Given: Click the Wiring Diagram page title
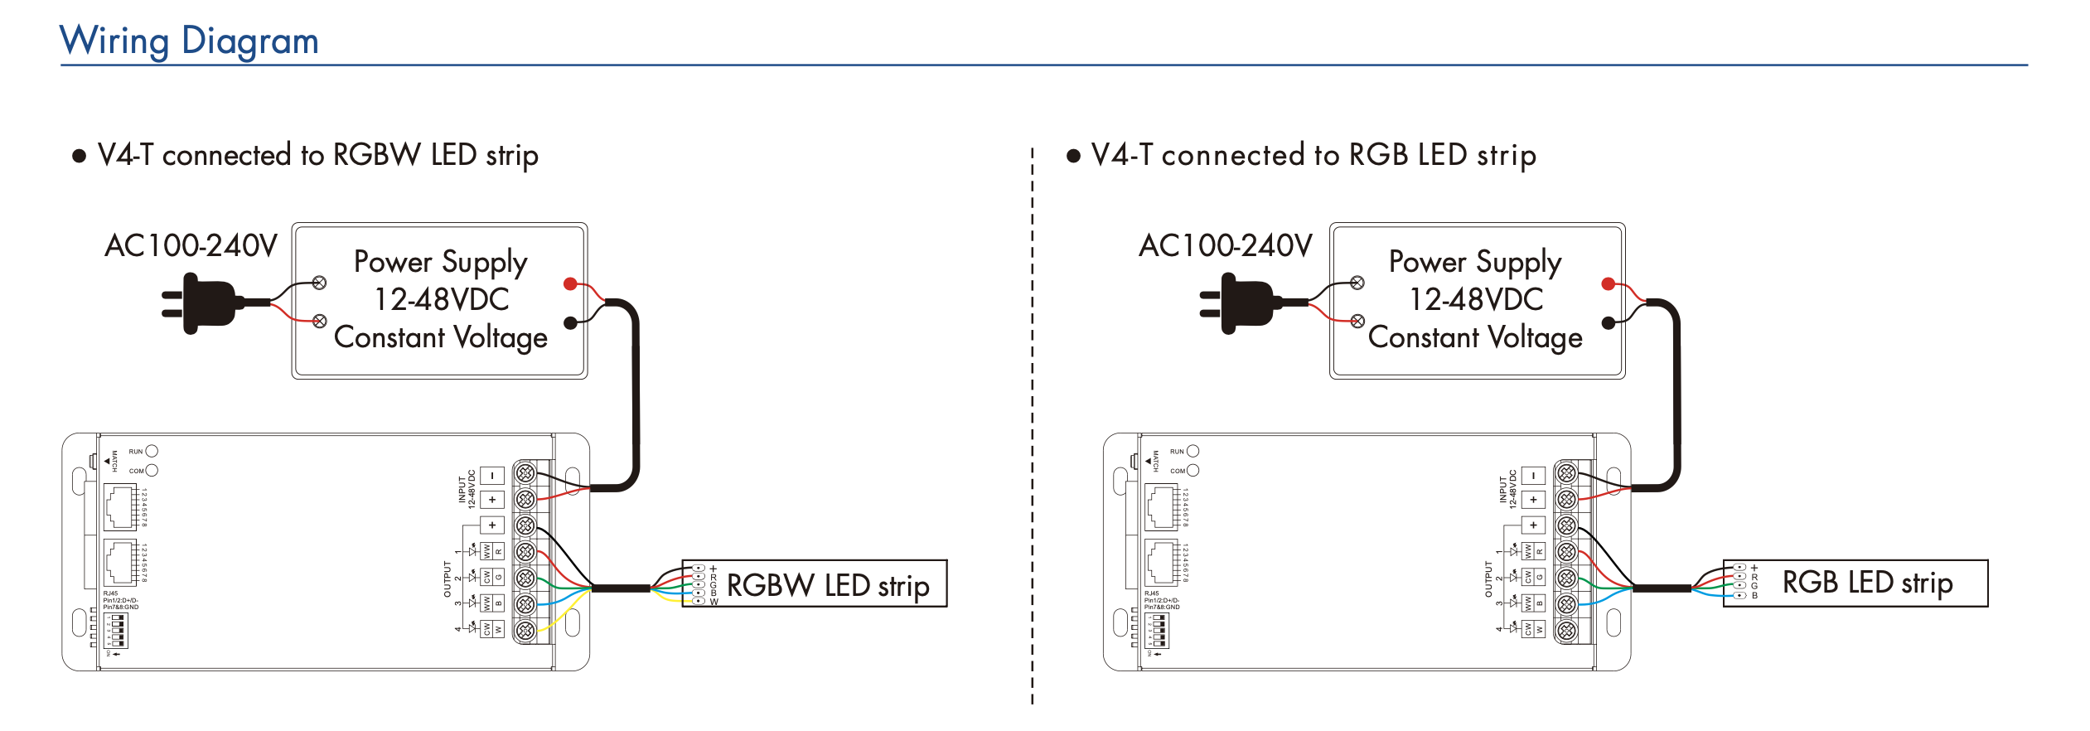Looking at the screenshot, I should pyautogui.click(x=189, y=41).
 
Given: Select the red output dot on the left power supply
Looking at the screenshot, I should pyautogui.click(x=570, y=284).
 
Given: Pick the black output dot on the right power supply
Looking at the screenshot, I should pyautogui.click(x=1609, y=323).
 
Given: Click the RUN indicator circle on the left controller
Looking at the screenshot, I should pyautogui.click(x=152, y=452).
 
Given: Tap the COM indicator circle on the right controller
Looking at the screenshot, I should pyautogui.click(x=1193, y=471).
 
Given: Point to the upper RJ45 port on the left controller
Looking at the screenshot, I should pyautogui.click(x=120, y=507).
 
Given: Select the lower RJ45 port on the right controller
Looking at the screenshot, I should pyautogui.click(x=1161, y=563).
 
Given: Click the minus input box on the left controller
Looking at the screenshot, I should pyautogui.click(x=492, y=476).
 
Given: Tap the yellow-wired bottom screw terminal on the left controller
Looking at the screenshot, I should pyautogui.click(x=525, y=631).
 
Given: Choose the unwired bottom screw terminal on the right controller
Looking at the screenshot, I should pyautogui.click(x=1566, y=631).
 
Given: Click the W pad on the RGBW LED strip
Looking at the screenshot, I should pyautogui.click(x=699, y=601).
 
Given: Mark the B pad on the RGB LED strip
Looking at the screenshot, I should pyautogui.click(x=1739, y=595).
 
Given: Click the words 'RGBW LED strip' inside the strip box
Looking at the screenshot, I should pyautogui.click(x=827, y=585).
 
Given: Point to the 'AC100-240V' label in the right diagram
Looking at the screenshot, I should pyautogui.click(x=1225, y=246).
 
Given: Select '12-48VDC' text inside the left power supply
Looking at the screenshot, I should pyautogui.click(x=442, y=299).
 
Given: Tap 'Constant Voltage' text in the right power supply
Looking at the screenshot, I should pyautogui.click(x=1475, y=337).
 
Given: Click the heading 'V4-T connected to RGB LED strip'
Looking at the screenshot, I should pyautogui.click(x=1314, y=155).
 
